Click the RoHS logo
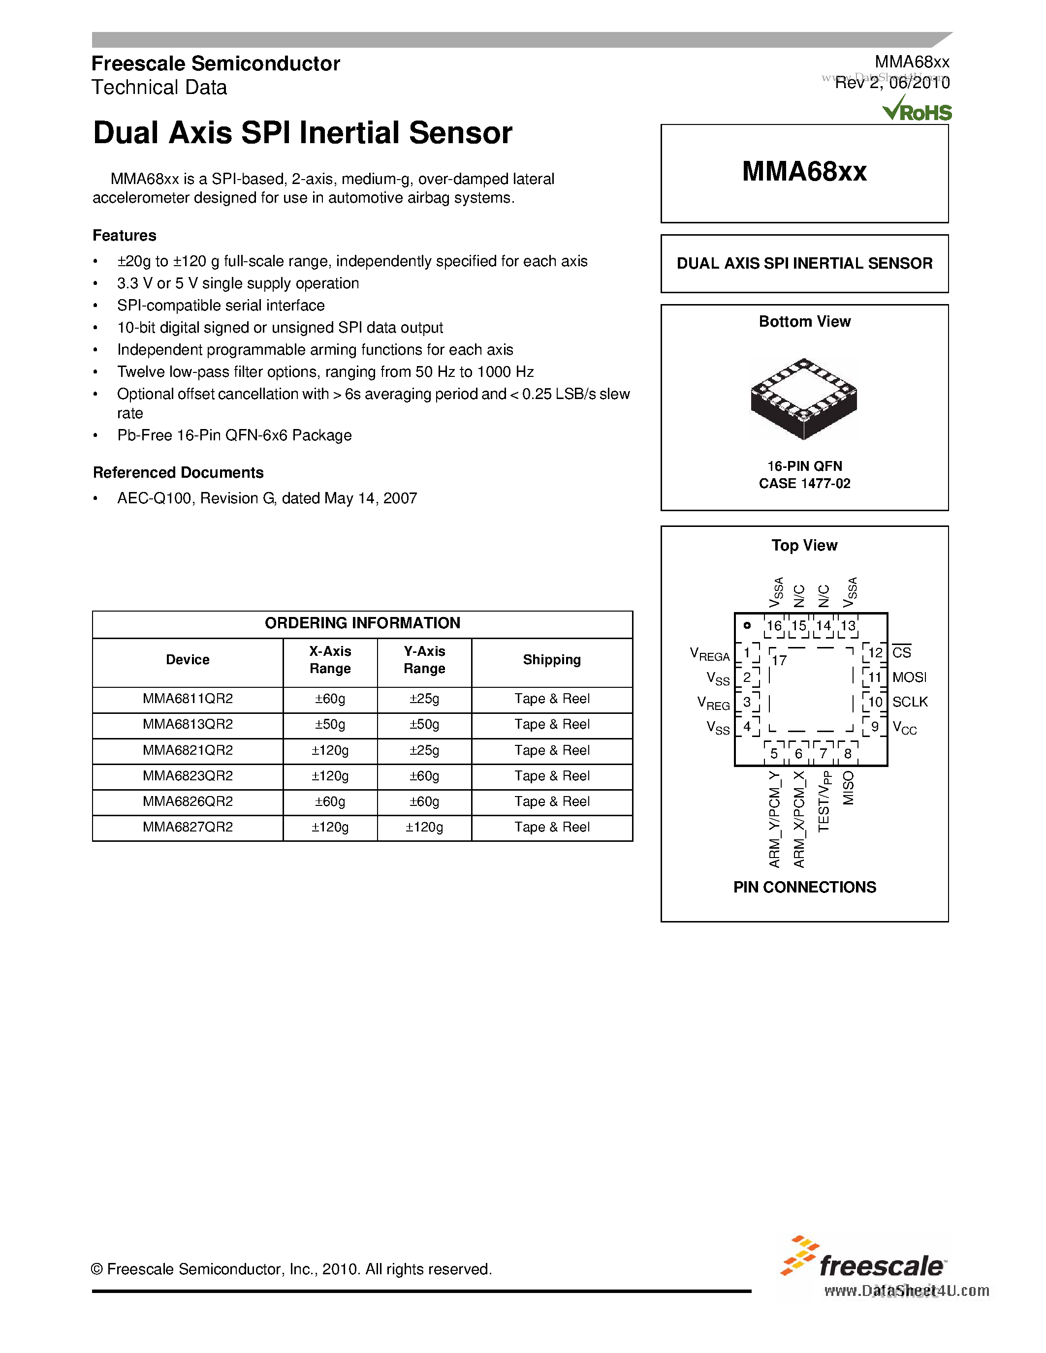click(917, 110)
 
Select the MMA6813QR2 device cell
click(188, 724)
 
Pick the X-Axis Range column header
click(330, 660)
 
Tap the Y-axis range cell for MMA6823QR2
click(424, 775)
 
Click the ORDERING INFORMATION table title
click(362, 623)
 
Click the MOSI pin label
click(909, 677)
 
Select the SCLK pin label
click(910, 702)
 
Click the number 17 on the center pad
click(779, 660)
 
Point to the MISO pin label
click(848, 788)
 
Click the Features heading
click(125, 235)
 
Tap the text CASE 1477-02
click(804, 483)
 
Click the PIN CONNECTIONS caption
click(804, 887)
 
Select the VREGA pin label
click(710, 654)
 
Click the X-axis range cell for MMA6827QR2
click(330, 827)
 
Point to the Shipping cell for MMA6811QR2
click(551, 699)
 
